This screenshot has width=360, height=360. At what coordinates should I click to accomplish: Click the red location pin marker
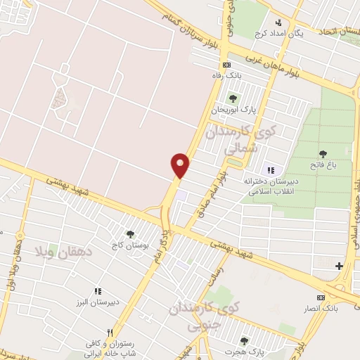pos(181,165)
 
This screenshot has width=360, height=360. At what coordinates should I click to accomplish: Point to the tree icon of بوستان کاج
pos(129,234)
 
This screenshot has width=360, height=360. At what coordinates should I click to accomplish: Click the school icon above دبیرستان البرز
pos(98,290)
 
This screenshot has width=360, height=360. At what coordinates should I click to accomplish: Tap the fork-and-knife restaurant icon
pos(109,333)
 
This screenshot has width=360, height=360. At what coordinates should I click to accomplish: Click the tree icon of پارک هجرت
pos(244,341)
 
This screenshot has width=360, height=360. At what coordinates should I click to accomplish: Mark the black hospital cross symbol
pos(340,266)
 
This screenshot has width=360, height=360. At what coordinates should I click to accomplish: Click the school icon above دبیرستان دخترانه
pos(271,170)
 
